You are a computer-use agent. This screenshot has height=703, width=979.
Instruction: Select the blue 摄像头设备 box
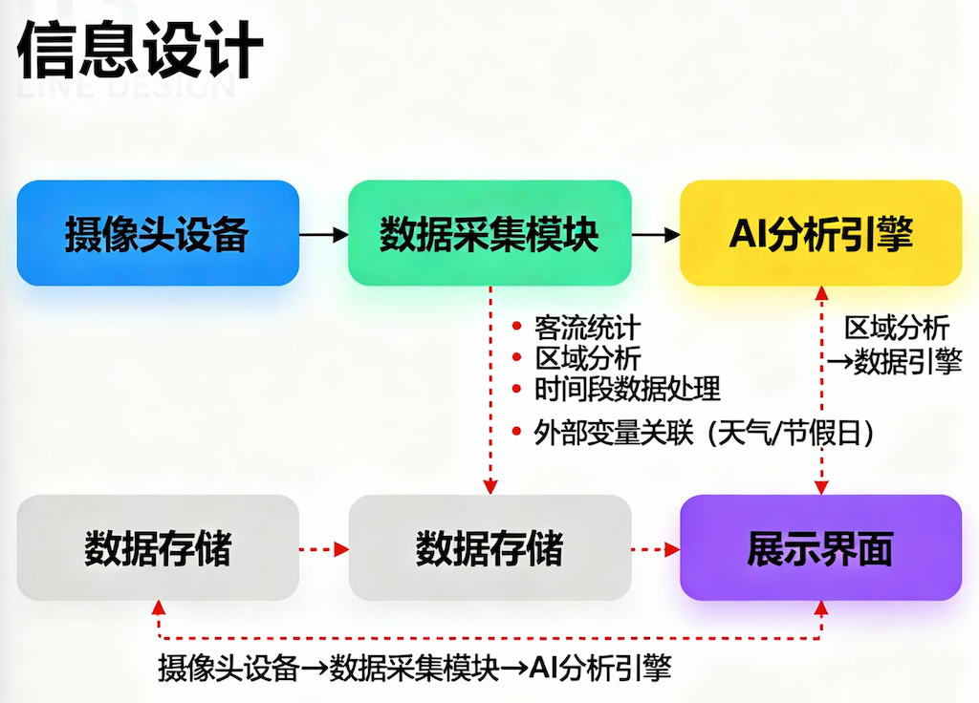tap(158, 233)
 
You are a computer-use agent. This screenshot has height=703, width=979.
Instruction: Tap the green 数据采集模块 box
tap(489, 233)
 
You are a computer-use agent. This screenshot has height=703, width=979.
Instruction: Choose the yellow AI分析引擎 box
tap(820, 233)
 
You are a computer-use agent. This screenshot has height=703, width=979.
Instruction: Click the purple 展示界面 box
tap(820, 548)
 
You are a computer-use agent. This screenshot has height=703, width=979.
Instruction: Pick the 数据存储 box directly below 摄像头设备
tap(158, 548)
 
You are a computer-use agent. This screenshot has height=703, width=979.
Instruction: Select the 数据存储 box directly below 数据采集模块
tap(489, 548)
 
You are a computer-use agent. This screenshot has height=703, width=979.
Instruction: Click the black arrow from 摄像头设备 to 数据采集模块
tap(323, 233)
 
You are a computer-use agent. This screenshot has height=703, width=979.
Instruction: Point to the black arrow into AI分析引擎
tap(655, 233)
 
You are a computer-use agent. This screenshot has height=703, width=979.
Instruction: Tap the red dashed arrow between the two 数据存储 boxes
tap(324, 549)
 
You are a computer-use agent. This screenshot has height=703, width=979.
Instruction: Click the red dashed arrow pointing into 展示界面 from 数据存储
tap(655, 549)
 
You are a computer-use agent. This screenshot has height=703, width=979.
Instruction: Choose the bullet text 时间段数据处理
tap(627, 389)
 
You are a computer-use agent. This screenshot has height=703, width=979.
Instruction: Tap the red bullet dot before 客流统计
tap(517, 328)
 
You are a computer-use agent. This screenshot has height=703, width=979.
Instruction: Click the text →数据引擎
tap(894, 361)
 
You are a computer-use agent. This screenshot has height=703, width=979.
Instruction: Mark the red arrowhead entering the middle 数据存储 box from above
tap(489, 486)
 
